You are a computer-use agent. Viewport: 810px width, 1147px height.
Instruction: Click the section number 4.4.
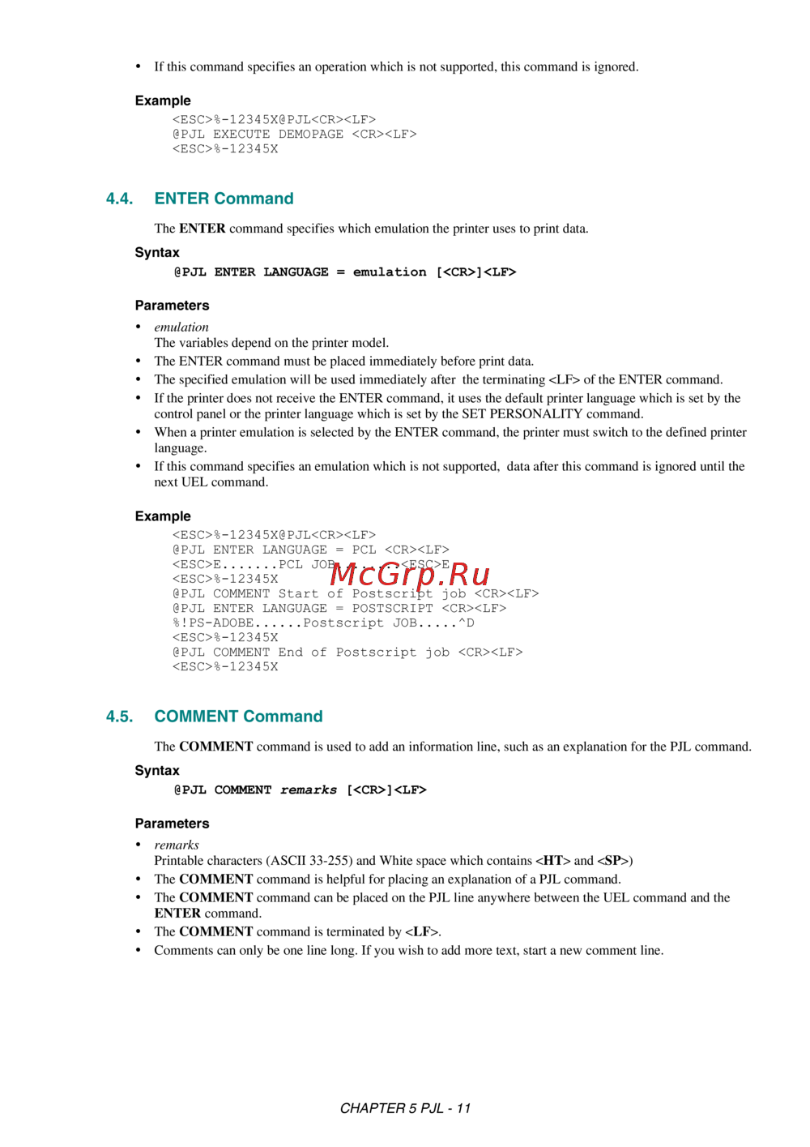pos(119,199)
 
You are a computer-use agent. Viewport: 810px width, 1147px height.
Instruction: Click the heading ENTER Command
pos(224,199)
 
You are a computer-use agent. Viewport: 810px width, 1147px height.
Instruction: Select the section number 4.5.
pos(119,717)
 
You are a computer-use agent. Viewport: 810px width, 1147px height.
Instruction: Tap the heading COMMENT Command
pos(238,717)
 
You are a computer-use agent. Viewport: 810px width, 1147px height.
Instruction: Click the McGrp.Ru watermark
pos(410,574)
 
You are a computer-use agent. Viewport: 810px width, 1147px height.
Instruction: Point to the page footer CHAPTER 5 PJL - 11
pos(405,1108)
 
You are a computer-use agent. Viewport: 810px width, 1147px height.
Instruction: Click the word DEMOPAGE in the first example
pos(310,135)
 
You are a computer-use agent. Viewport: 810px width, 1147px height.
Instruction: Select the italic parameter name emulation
pos(181,327)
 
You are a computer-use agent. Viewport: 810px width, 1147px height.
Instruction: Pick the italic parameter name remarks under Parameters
pos(177,845)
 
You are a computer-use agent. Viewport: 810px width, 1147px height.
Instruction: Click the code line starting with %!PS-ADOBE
pos(322,623)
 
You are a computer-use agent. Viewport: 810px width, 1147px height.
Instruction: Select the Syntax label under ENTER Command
pos(157,253)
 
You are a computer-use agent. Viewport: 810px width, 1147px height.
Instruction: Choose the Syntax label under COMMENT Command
pos(157,771)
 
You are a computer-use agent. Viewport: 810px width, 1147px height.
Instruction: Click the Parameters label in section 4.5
pos(172,824)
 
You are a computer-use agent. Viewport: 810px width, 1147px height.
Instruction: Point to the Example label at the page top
pos(163,101)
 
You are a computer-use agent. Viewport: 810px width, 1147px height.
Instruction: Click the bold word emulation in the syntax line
pos(390,272)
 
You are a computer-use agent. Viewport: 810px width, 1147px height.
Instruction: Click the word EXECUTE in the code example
pos(241,135)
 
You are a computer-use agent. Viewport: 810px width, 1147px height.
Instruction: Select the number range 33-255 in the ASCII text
pos(327,861)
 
